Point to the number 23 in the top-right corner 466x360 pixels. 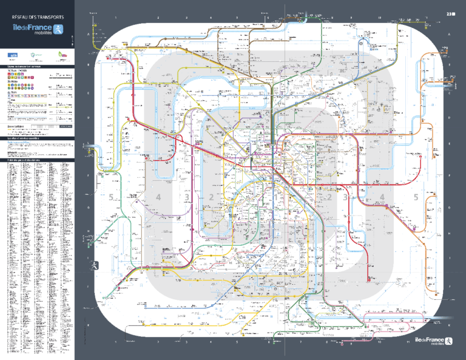click(x=450, y=13)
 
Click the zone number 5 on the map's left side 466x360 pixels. click(x=111, y=197)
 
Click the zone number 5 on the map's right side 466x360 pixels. click(x=416, y=197)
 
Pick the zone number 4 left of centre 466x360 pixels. click(x=158, y=197)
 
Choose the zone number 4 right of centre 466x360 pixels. click(x=382, y=197)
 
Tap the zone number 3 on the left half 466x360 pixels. click(x=187, y=197)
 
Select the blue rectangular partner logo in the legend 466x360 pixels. click(x=12, y=55)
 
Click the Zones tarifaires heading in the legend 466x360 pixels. click(x=18, y=127)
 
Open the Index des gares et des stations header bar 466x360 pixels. click(x=37, y=160)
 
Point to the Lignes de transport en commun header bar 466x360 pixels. click(x=37, y=66)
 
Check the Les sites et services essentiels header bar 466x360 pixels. click(x=37, y=138)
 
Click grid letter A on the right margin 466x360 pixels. click(x=449, y=35)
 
